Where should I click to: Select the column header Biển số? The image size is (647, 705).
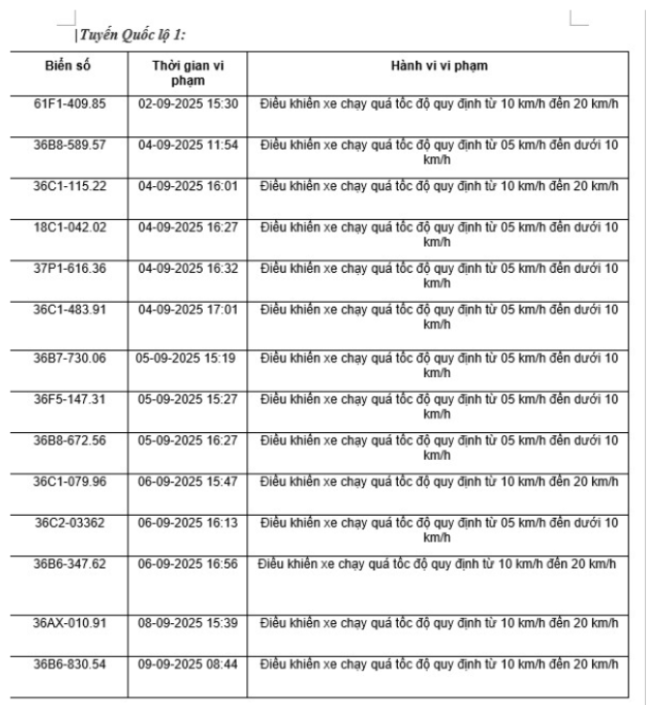(70, 65)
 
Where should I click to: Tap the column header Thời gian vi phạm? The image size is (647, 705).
(187, 71)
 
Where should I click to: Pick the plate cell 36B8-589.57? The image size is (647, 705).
(70, 144)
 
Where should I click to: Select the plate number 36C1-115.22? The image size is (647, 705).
(70, 184)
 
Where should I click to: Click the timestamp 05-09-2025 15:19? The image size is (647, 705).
(187, 357)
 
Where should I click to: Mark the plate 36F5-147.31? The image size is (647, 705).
(70, 397)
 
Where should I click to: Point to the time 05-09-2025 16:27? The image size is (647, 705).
(187, 439)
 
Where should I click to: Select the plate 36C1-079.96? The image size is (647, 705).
(70, 480)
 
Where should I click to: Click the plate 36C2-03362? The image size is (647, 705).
(70, 522)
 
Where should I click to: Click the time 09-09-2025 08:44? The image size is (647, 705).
(187, 664)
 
